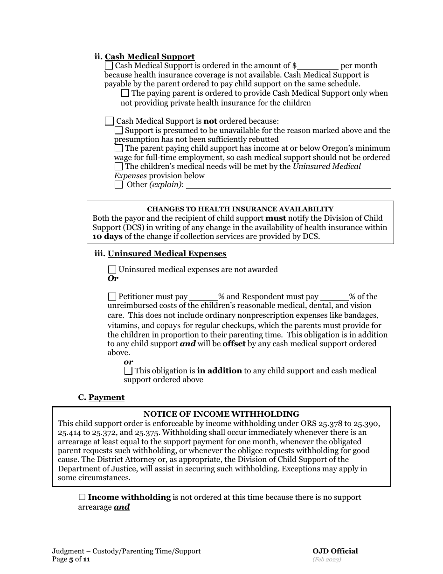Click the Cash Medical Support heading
pyautogui.click(x=149, y=56)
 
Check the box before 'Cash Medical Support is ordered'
pyautogui.click(x=109, y=66)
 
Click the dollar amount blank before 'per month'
pyautogui.click(x=318, y=66)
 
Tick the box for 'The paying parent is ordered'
pyautogui.click(x=125, y=93)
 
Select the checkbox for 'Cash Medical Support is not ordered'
pyautogui.click(x=109, y=121)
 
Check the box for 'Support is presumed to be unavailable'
pyautogui.click(x=118, y=131)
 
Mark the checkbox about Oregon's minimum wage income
pyautogui.click(x=118, y=148)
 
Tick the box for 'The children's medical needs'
pyautogui.click(x=118, y=166)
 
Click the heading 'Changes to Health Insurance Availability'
pyautogui.click(x=240, y=209)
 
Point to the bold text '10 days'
pyautogui.click(x=107, y=236)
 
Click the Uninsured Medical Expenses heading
pyautogui.click(x=166, y=253)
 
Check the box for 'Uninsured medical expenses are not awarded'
pyautogui.click(x=112, y=269)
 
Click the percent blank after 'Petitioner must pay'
pyautogui.click(x=204, y=297)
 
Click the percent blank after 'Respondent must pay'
pyautogui.click(x=334, y=297)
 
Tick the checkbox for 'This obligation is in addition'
pyautogui.click(x=128, y=371)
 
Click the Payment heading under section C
pyautogui.click(x=106, y=397)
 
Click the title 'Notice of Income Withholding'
pyautogui.click(x=221, y=414)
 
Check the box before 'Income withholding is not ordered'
pyautogui.click(x=82, y=497)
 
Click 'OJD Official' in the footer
pyautogui.click(x=335, y=551)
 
